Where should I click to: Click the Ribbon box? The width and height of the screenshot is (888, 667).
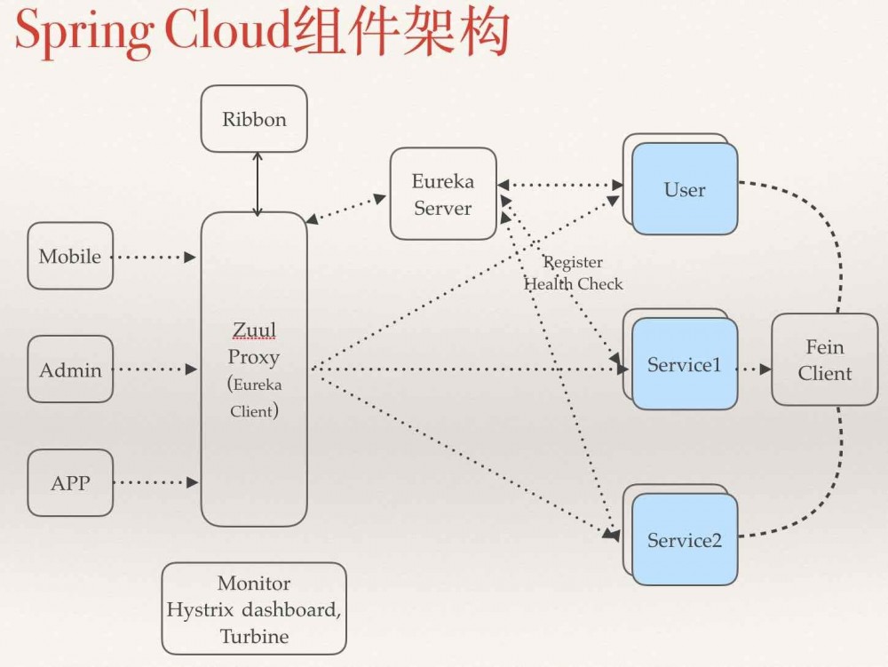[x=254, y=119]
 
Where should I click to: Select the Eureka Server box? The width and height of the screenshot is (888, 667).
[x=443, y=194]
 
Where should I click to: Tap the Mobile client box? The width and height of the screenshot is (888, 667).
[x=70, y=256]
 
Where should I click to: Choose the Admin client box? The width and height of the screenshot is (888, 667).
[x=70, y=369]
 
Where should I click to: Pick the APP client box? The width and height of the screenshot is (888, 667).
[x=70, y=483]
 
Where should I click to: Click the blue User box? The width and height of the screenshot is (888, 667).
[x=685, y=189]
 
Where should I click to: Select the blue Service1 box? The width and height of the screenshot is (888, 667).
[x=685, y=364]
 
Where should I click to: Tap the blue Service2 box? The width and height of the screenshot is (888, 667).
[x=685, y=540]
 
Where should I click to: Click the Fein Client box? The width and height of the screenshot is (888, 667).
[x=824, y=360]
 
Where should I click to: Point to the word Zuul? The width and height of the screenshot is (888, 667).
[x=254, y=330]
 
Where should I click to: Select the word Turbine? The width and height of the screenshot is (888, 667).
[x=254, y=637]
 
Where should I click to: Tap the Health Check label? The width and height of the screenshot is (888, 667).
[x=574, y=284]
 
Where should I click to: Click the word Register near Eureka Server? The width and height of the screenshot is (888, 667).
[x=573, y=263]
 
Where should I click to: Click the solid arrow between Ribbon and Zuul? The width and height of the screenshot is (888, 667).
[x=258, y=184]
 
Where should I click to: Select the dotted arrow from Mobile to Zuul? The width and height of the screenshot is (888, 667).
[x=156, y=258]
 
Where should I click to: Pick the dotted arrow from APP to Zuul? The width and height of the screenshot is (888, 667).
[x=156, y=483]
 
